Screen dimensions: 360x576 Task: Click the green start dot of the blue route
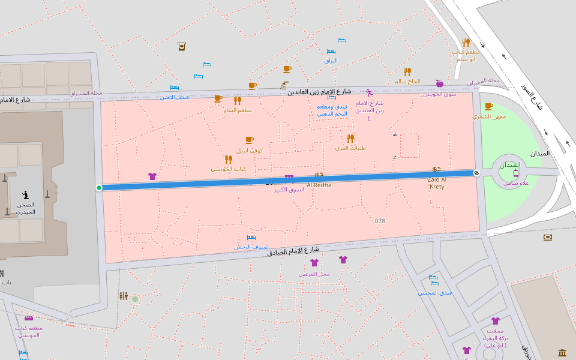tap(99, 188)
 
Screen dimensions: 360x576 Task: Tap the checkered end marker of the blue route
tap(476, 173)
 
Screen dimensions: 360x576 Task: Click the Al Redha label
tap(319, 185)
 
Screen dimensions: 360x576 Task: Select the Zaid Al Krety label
tap(437, 183)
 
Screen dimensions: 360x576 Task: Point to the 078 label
tap(379, 221)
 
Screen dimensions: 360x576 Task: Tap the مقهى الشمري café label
tap(489, 116)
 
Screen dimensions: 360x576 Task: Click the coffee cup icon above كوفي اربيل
tap(249, 140)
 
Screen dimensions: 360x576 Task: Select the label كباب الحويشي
tap(229, 169)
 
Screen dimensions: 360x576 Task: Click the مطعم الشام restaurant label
tap(237, 110)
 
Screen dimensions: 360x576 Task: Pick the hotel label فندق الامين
tap(174, 97)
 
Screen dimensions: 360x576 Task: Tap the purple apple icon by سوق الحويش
tap(439, 83)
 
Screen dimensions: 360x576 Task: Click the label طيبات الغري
tap(350, 148)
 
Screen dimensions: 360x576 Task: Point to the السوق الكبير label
tap(289, 189)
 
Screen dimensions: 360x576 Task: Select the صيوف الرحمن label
tap(251, 247)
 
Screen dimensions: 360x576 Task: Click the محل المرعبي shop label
tap(314, 274)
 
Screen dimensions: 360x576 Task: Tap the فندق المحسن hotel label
tap(434, 292)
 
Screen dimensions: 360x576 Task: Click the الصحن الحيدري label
tap(25, 208)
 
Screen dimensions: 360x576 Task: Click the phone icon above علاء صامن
tap(516, 173)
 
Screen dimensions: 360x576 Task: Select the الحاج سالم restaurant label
tap(407, 81)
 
